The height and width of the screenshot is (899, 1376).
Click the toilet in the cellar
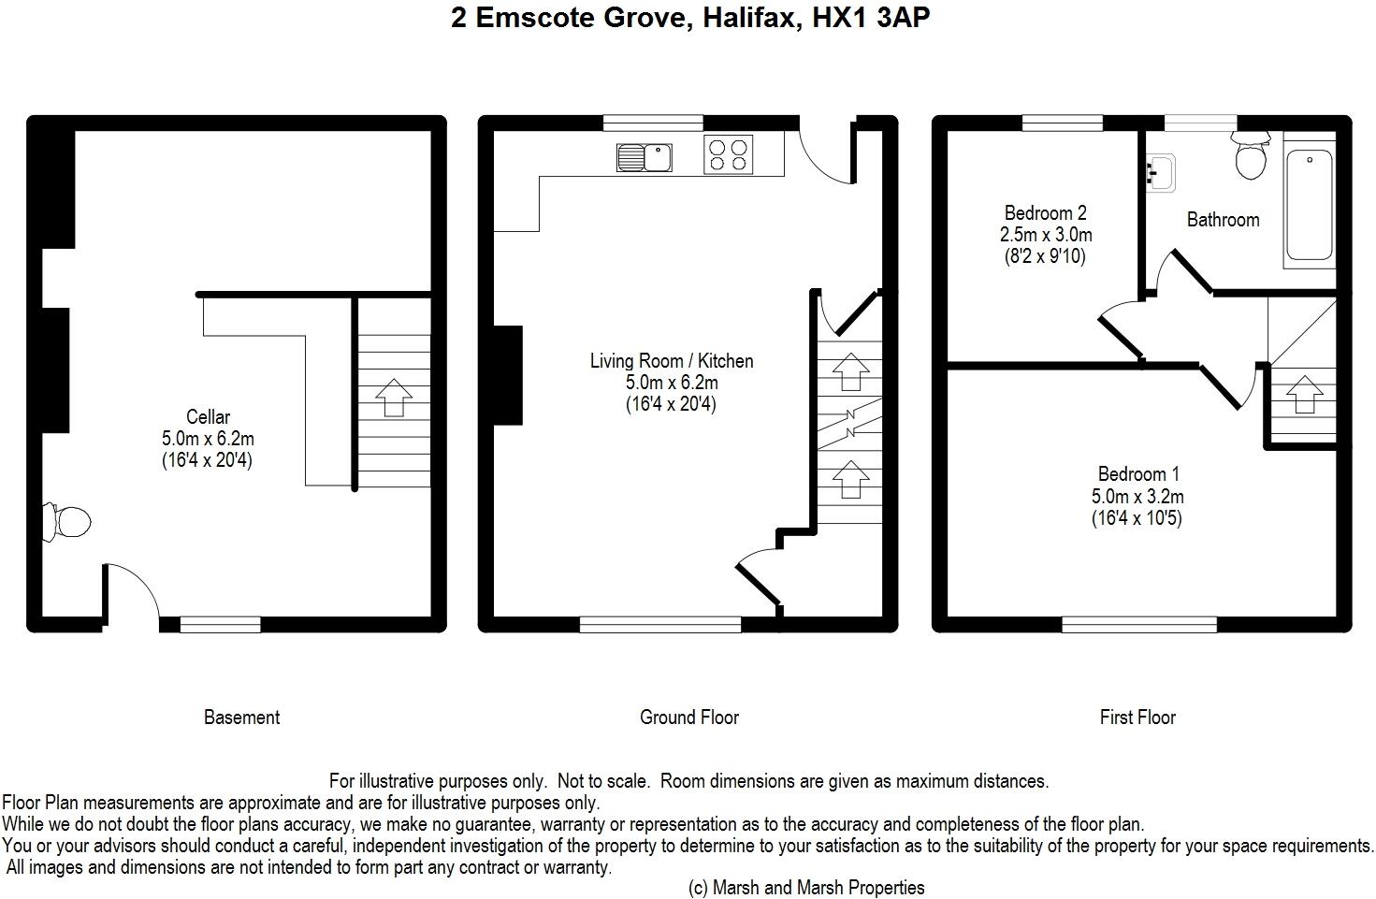click(x=66, y=522)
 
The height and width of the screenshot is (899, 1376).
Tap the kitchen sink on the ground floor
click(x=645, y=157)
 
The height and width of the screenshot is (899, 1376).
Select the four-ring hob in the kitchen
click(x=728, y=154)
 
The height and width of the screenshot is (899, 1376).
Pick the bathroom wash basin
click(x=1161, y=173)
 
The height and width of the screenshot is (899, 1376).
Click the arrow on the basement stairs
click(x=394, y=398)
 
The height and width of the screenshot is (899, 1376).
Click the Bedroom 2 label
click(x=1046, y=212)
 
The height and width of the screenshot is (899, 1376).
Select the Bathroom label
click(x=1223, y=220)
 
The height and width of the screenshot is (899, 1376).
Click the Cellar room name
click(x=208, y=416)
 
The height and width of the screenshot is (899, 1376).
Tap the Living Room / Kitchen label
click(x=672, y=361)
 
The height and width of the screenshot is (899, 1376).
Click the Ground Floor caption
click(x=689, y=718)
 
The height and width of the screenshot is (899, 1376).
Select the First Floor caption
click(x=1137, y=718)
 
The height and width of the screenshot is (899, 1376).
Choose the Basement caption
click(x=241, y=718)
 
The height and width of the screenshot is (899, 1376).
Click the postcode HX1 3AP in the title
click(x=871, y=18)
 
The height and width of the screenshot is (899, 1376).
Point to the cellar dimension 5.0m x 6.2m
click(x=208, y=438)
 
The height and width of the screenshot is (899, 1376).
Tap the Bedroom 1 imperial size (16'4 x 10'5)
click(x=1137, y=518)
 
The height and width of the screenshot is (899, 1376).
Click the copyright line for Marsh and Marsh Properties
click(x=806, y=888)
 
